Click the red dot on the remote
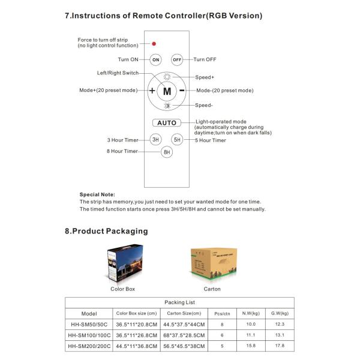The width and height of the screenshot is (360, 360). point(154,44)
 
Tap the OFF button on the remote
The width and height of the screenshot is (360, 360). point(177,59)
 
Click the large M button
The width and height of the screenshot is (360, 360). point(167,91)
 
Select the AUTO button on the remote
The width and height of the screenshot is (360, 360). point(167,123)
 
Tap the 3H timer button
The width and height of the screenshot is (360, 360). point(155,139)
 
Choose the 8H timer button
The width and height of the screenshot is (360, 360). point(167,152)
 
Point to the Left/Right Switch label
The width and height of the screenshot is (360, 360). point(118,73)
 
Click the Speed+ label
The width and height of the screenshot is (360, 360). point(205,77)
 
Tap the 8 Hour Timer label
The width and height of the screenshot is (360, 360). point(122,151)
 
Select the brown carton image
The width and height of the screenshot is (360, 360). point(212,265)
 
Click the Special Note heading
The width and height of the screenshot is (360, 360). point(97,194)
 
